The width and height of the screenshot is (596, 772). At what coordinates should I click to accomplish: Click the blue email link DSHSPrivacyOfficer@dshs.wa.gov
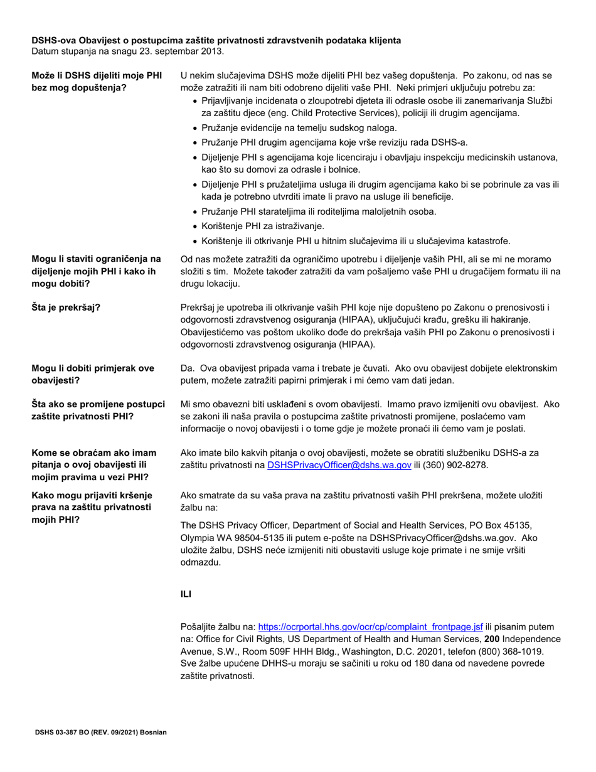(339, 465)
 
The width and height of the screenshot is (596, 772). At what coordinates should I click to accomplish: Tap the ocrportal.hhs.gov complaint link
(370, 626)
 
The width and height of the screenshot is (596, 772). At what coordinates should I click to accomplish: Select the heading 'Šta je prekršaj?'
(67, 307)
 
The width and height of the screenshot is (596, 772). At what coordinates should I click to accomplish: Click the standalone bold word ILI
(186, 594)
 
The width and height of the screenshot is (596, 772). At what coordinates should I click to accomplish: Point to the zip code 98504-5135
(254, 538)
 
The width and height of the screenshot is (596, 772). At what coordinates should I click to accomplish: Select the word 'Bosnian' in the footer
(153, 732)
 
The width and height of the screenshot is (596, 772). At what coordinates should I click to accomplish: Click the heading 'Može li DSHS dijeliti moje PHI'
(97, 75)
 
